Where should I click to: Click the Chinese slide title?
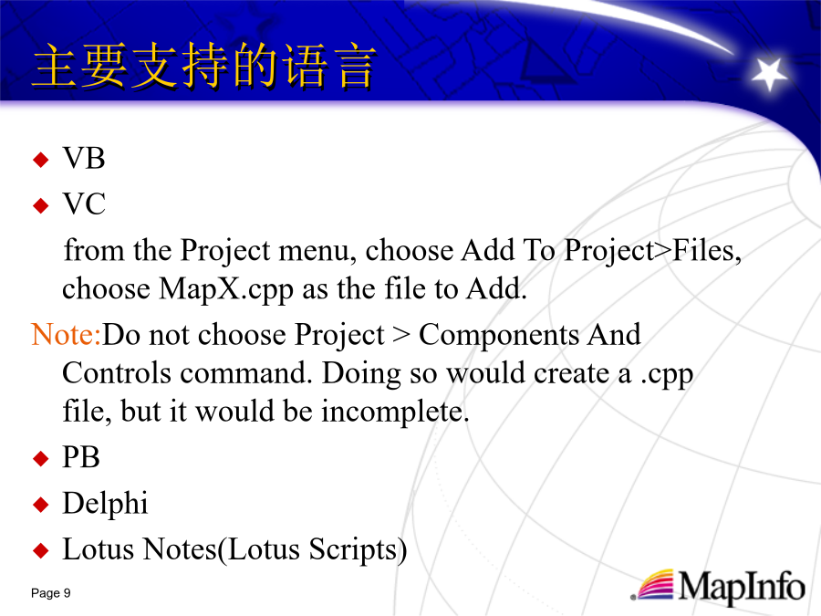point(204,66)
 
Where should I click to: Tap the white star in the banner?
point(768,73)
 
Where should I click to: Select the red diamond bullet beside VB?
point(40,159)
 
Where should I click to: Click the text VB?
point(84,158)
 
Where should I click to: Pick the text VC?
point(84,204)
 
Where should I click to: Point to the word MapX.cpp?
point(225,289)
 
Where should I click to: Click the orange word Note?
point(66,334)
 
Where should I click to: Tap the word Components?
point(499,336)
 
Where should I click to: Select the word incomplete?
point(395,412)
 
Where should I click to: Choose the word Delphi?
point(105,504)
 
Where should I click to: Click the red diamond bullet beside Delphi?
point(40,505)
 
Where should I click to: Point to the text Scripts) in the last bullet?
point(358,550)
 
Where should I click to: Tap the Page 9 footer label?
point(51,593)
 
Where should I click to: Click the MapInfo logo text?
point(742,587)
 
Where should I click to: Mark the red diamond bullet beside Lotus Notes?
point(40,550)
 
